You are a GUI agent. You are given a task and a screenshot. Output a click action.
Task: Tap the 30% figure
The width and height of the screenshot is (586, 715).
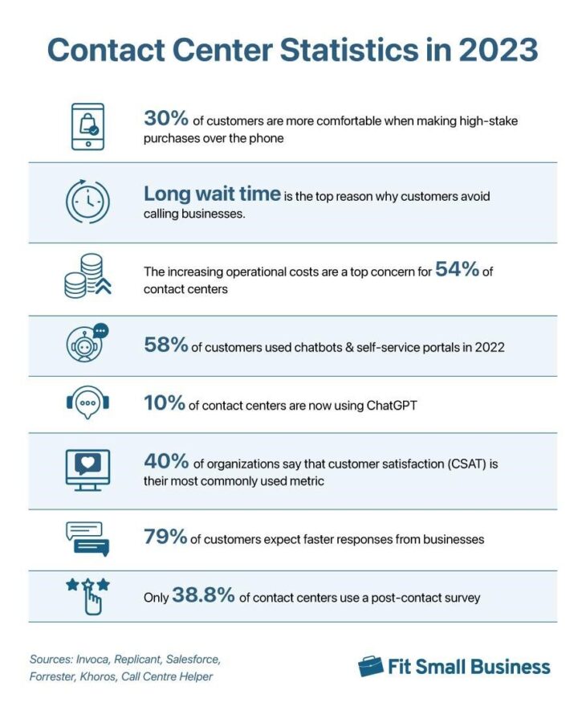[166, 119]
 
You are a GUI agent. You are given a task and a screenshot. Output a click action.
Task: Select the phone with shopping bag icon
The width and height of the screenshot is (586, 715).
[87, 126]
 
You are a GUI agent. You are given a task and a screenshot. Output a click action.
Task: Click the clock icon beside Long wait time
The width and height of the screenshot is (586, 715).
[87, 202]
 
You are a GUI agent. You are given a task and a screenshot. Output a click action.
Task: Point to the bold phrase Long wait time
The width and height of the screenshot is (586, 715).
[212, 194]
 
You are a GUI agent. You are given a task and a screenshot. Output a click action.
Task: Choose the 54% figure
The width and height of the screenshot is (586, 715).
[457, 270]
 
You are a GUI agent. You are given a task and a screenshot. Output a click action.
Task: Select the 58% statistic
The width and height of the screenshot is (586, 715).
[166, 345]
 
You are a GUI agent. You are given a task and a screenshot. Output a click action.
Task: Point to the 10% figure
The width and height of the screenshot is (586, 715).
[165, 404]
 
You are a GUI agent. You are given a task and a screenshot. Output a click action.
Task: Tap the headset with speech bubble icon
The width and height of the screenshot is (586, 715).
[87, 404]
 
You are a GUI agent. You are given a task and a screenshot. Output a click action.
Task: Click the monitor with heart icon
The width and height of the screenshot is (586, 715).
[87, 469]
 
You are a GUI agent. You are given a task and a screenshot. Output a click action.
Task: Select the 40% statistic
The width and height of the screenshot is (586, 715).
[166, 462]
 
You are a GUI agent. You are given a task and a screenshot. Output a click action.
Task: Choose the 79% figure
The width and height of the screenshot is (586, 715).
[166, 537]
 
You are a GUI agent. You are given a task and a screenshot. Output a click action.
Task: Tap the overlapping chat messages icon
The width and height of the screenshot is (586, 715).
[87, 538]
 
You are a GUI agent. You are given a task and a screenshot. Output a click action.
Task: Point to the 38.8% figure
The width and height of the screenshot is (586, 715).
[203, 596]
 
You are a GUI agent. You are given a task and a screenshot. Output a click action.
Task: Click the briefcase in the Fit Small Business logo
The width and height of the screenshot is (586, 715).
[371, 666]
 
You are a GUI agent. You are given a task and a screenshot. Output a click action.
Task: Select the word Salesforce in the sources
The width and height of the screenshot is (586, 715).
[189, 659]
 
